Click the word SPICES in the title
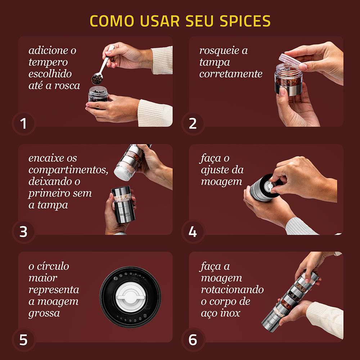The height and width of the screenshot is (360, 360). (x=245, y=21)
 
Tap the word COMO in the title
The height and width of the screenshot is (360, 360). (x=112, y=21)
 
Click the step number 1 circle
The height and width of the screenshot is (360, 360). (x=23, y=124)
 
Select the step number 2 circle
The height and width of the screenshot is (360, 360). (x=193, y=124)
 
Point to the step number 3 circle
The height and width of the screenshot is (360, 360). (x=23, y=232)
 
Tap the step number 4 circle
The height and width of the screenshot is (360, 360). (x=193, y=232)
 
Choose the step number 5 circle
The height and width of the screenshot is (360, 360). (x=23, y=340)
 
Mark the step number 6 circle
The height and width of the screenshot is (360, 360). (x=193, y=340)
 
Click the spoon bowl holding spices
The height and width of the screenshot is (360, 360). (x=97, y=79)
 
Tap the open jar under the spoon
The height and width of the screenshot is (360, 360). (x=98, y=94)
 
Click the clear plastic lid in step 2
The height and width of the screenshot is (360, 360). (x=289, y=60)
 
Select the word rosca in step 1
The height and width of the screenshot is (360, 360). (x=67, y=86)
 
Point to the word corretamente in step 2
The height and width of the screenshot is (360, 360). (x=231, y=74)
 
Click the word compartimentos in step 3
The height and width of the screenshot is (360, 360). (x=68, y=170)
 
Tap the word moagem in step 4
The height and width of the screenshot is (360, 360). (x=221, y=182)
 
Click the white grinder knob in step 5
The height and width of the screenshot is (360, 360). (x=130, y=297)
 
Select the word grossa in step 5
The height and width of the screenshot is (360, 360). (x=44, y=314)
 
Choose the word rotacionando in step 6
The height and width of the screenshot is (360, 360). (x=232, y=290)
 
